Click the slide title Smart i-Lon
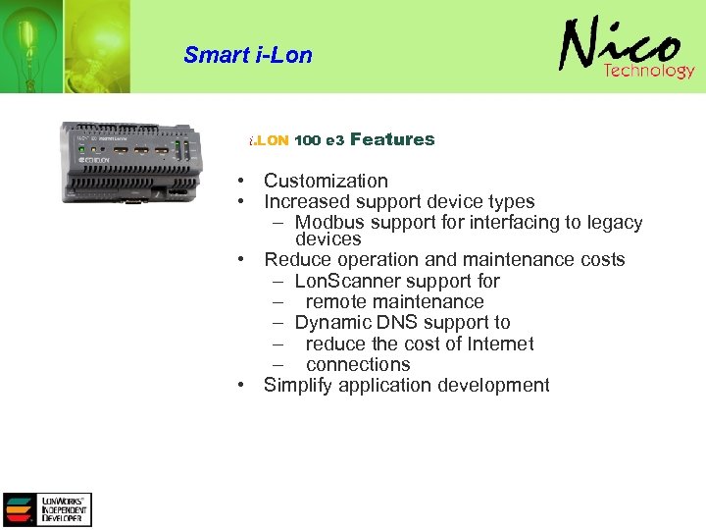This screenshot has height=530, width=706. coord(247,55)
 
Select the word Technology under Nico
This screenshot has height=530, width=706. coord(648,71)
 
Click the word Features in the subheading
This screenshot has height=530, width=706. coord(391,139)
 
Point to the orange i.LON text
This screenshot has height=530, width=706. coord(269,140)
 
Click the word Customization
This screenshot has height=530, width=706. coord(326,181)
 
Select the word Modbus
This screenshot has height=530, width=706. coord(329,223)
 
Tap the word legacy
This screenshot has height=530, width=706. coord(613,223)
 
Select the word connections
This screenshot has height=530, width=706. coord(358,364)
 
